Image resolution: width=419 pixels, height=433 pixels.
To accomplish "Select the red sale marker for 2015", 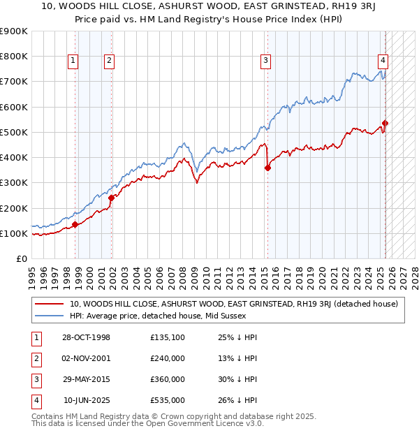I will [x=267, y=168].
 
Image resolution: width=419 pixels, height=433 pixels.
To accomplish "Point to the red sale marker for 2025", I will [x=385, y=124].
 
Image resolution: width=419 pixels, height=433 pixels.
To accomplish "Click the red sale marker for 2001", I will [x=111, y=198].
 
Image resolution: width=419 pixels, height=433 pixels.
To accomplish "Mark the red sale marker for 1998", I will [x=75, y=224].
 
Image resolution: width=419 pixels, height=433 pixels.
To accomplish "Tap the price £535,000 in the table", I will [x=168, y=400].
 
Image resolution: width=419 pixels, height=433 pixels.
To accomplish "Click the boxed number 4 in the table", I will [x=34, y=400].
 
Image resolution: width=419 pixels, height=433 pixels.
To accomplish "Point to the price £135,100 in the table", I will [x=168, y=337].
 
